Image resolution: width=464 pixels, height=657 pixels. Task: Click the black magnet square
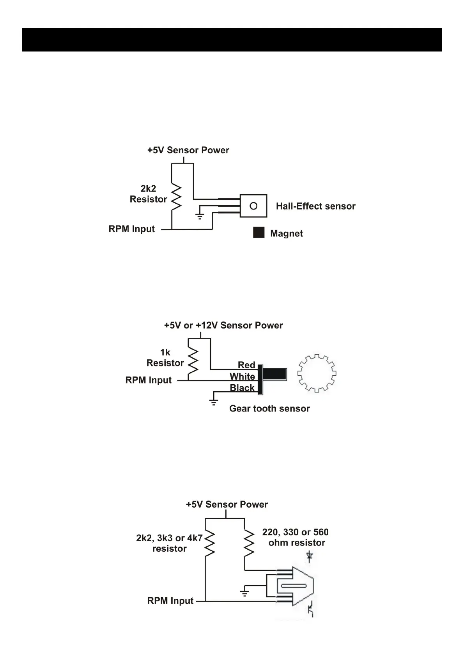click(x=259, y=233)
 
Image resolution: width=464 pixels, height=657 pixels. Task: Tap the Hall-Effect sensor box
click(x=253, y=206)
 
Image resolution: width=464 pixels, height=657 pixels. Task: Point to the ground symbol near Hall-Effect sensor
click(x=200, y=216)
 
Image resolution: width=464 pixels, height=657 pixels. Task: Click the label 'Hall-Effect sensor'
click(x=315, y=206)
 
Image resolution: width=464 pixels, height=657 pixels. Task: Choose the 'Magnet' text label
click(x=286, y=233)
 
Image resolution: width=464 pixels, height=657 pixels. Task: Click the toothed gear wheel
click(x=317, y=373)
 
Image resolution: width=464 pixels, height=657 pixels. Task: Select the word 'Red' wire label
click(x=246, y=365)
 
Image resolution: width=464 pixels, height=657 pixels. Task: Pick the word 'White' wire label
click(x=242, y=376)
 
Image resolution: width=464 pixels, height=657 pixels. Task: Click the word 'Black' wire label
click(x=242, y=388)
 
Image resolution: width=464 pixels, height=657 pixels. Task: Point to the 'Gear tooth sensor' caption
click(x=269, y=408)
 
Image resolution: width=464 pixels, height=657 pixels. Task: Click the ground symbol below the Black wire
click(x=214, y=402)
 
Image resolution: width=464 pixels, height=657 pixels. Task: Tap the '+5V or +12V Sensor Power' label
click(x=223, y=325)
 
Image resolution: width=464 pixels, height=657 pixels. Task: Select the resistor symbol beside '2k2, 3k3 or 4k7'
click(x=210, y=542)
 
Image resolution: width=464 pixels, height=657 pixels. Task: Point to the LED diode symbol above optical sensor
click(x=310, y=556)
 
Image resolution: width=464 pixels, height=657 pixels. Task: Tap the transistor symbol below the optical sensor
click(x=311, y=609)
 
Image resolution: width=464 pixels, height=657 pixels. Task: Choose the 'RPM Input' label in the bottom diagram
click(x=170, y=601)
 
